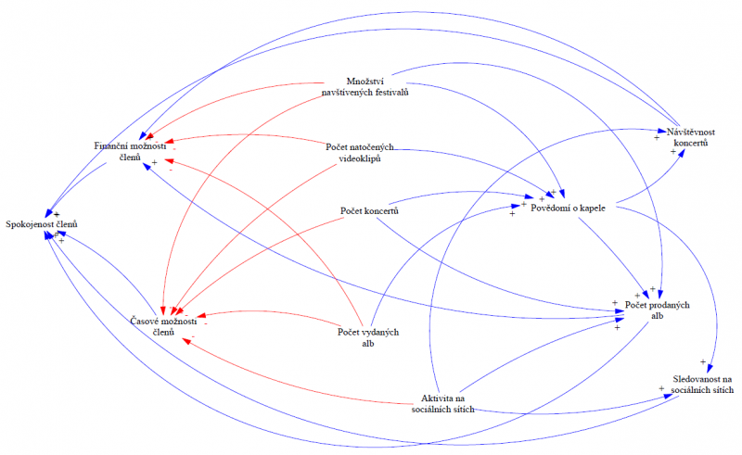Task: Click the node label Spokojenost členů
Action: [x=42, y=224]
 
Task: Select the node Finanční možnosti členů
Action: [x=130, y=152]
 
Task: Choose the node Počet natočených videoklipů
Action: [x=362, y=152]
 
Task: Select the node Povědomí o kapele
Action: [x=568, y=208]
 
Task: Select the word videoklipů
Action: [x=362, y=158]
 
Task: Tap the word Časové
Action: [x=148, y=321]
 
